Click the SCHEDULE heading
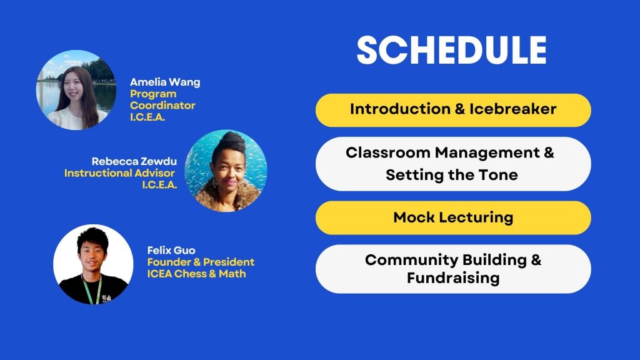(x=451, y=50)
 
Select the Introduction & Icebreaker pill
(x=453, y=110)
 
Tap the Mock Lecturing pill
(x=453, y=217)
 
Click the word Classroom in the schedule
(x=388, y=152)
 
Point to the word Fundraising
(x=453, y=278)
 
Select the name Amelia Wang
(x=165, y=82)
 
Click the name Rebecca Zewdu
(x=134, y=161)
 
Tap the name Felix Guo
(x=171, y=250)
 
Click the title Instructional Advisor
(x=119, y=173)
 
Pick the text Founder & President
(x=201, y=262)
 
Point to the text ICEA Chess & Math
(x=196, y=274)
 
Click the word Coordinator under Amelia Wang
(x=162, y=105)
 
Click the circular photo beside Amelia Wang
(x=76, y=90)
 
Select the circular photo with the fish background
(x=226, y=171)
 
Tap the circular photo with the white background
(x=93, y=264)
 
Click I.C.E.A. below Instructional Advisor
(x=159, y=185)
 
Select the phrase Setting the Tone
(x=452, y=175)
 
